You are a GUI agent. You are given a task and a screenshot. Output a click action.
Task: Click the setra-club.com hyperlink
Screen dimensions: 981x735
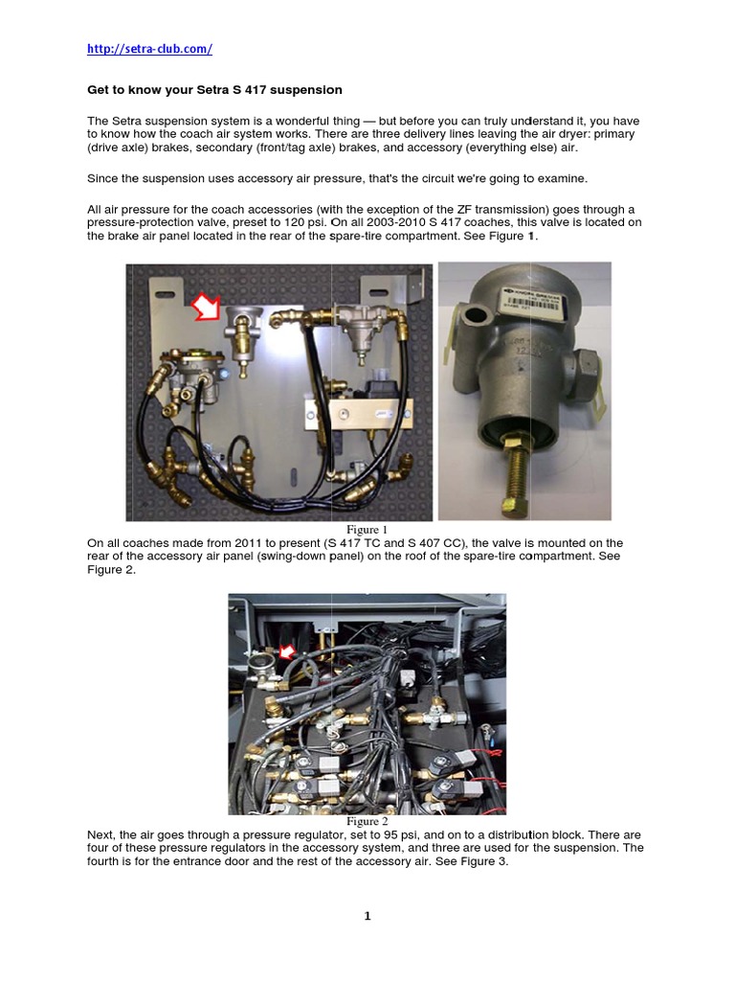tap(149, 48)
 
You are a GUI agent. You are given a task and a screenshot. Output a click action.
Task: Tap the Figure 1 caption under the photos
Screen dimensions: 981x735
tap(367, 530)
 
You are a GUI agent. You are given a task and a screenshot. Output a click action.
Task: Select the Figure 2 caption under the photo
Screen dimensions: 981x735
tap(367, 822)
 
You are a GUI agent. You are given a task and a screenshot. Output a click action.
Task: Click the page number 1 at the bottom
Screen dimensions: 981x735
tap(367, 917)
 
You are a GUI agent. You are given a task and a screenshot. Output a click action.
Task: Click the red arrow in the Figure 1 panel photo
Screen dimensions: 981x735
tap(206, 307)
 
